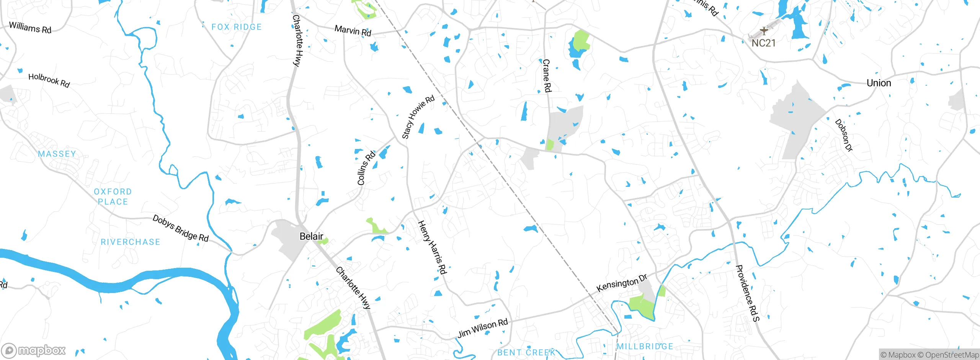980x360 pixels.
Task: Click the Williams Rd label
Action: [x=30, y=28]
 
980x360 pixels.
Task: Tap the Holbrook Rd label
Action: [x=49, y=80]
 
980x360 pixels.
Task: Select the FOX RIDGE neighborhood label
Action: [x=237, y=27]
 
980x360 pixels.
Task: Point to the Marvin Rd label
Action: [x=353, y=30]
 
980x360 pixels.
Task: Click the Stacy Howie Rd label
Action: [x=418, y=116]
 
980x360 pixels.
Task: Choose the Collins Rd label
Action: [x=366, y=168]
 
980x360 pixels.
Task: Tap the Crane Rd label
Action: [x=547, y=75]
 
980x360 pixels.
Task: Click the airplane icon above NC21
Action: [x=764, y=31]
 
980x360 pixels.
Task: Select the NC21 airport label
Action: [x=763, y=43]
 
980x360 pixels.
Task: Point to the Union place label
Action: [x=879, y=83]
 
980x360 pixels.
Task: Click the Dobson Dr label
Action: [x=844, y=135]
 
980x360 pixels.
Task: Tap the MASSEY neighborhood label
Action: [x=57, y=154]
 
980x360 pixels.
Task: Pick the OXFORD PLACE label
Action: [x=113, y=196]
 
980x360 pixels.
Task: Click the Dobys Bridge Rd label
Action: [x=180, y=228]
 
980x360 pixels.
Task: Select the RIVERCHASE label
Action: [x=130, y=242]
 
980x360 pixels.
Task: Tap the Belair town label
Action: [x=311, y=236]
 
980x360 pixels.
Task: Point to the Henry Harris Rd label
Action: [x=432, y=247]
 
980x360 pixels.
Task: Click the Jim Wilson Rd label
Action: [x=483, y=328]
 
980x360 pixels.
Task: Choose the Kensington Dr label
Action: [x=622, y=283]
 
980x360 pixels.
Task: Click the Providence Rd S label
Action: [x=747, y=293]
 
